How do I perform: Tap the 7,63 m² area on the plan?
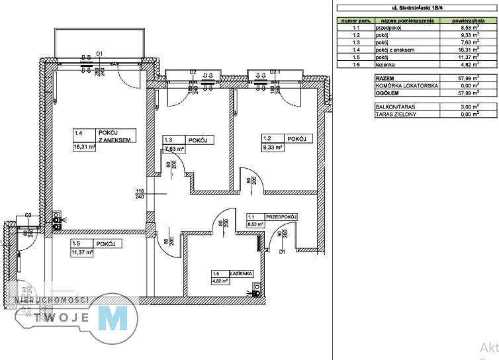click(x=173, y=149)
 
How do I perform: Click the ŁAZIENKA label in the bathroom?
click(x=242, y=273)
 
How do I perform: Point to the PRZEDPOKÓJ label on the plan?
click(x=281, y=216)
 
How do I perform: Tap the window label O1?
click(x=101, y=53)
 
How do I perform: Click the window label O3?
click(x=28, y=215)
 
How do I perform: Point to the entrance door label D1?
click(x=281, y=251)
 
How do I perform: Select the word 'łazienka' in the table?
click(x=386, y=65)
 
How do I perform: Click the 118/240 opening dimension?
click(x=140, y=193)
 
